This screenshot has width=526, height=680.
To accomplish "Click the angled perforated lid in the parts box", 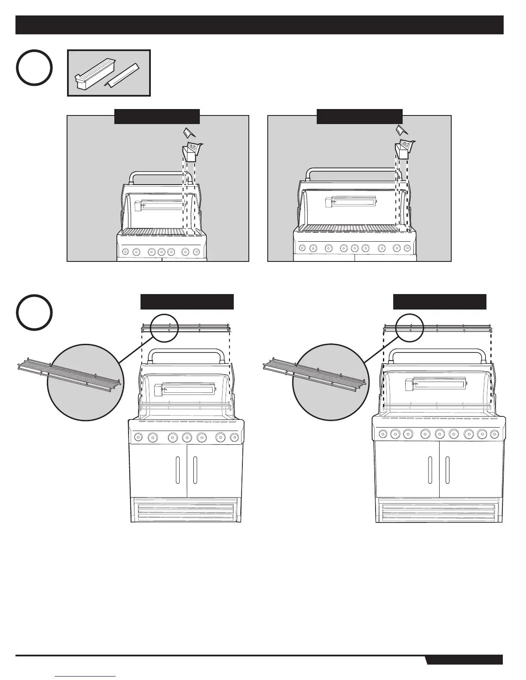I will point(123,74).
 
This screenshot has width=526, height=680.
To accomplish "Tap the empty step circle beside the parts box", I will point(34,68).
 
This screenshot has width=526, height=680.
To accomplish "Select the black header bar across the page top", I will point(259,25).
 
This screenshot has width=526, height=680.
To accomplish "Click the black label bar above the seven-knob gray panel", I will point(157,116).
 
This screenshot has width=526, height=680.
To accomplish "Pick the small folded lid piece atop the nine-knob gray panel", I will point(400,130).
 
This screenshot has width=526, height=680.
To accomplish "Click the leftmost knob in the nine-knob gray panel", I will point(302,248).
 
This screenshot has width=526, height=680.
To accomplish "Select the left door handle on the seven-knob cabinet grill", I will point(177,471).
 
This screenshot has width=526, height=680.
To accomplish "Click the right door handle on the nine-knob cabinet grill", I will point(447,471).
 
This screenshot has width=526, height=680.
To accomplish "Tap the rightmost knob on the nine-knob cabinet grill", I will point(494,434).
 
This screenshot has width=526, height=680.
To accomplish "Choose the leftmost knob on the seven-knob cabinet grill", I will point(138,437).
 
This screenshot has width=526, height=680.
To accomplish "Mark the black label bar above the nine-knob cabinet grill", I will point(440,302).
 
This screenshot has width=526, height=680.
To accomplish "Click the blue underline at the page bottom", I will point(86,677).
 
